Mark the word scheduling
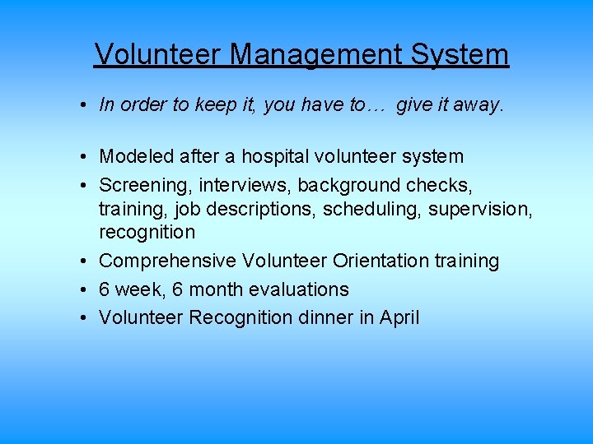pyautogui.click(x=372, y=209)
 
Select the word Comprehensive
pyautogui.click(x=167, y=261)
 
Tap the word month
pyautogui.click(x=214, y=289)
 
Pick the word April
pyautogui.click(x=399, y=317)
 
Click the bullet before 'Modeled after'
pyautogui.click(x=85, y=156)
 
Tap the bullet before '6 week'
pyautogui.click(x=85, y=289)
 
